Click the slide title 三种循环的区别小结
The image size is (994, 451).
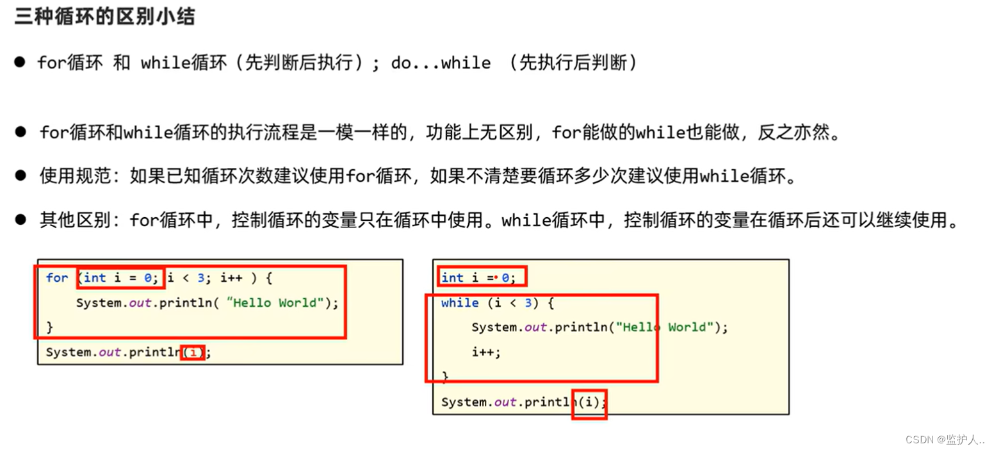[x=105, y=17]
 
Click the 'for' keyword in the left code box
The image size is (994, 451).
[x=57, y=278]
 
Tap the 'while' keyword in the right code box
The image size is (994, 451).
[x=460, y=303]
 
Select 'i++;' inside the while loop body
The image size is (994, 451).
[x=486, y=352]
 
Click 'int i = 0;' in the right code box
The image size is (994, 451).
[x=478, y=278]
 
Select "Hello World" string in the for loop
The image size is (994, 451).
[x=275, y=303]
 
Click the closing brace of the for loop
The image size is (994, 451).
[x=50, y=327]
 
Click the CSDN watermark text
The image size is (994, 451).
[x=944, y=439]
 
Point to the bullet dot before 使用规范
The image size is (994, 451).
[x=20, y=175]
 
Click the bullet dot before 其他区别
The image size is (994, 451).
[x=20, y=219]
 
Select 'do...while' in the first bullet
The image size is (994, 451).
[x=441, y=63]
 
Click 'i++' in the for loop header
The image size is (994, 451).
[x=231, y=278]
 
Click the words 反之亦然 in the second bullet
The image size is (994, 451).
[x=794, y=132]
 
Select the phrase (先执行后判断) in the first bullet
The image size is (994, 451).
[x=573, y=63]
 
